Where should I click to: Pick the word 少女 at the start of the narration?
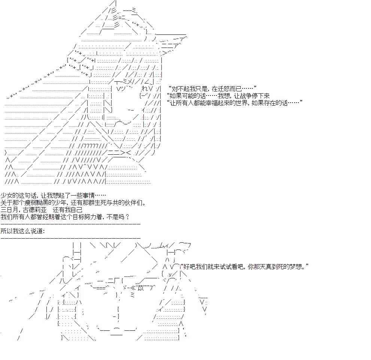coord(6,196)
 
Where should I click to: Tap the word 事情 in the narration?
coord(89,196)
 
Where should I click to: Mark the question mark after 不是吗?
coord(127,217)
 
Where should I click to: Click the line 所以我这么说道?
coord(22,231)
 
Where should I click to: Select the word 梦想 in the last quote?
coord(297,267)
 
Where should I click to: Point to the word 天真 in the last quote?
coord(266,267)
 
